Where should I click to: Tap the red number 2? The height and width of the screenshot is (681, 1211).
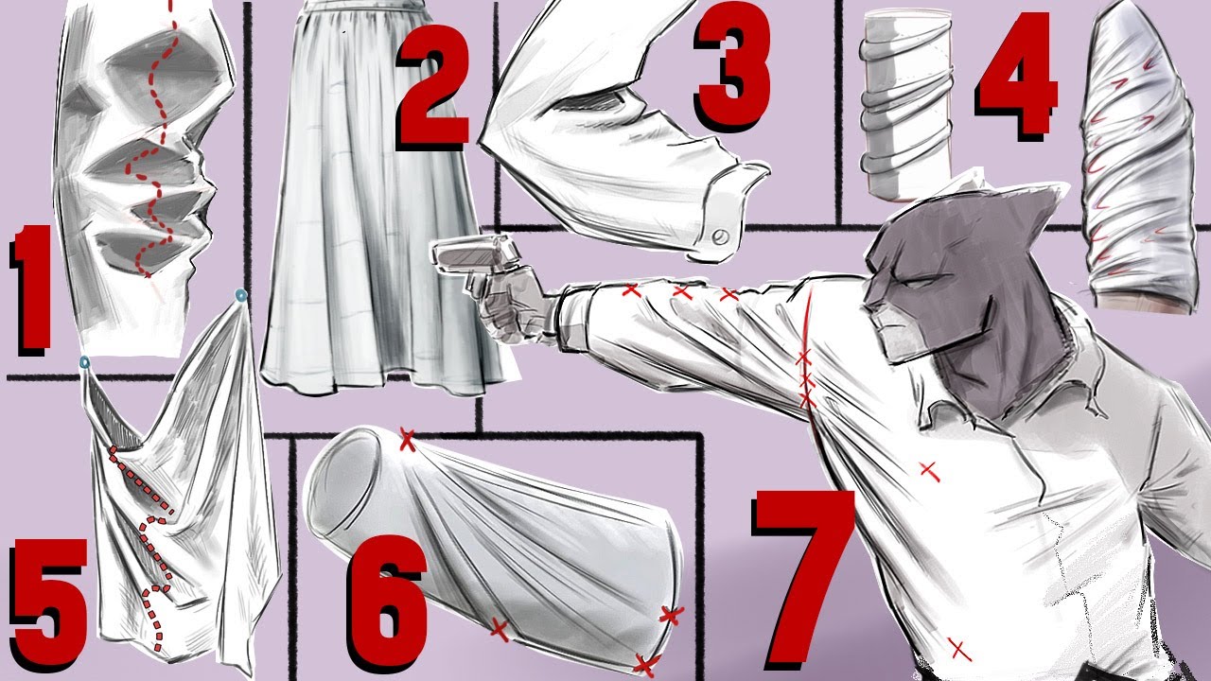433,88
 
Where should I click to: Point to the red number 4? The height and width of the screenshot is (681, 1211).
1016,76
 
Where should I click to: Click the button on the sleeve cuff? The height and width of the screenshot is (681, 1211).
720,236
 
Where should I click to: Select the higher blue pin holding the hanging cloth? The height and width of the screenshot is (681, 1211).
241,295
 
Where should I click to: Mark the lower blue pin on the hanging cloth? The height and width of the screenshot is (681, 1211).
84,362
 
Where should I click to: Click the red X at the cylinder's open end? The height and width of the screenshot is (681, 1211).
407,440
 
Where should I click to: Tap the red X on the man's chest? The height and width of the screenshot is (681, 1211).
929,470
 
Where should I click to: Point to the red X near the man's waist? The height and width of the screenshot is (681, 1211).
958,649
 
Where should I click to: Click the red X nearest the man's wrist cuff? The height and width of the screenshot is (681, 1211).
630,290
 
